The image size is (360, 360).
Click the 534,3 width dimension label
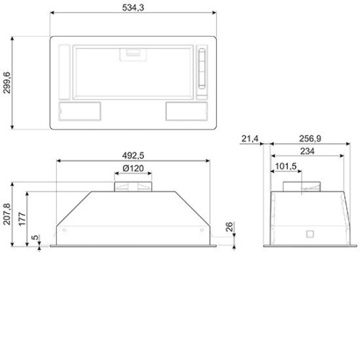tap(133, 8)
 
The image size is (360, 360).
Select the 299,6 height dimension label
tap(6, 83)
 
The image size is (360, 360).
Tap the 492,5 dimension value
tap(133, 156)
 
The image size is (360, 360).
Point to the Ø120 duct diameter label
tap(133, 168)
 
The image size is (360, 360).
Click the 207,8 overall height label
tap(6, 214)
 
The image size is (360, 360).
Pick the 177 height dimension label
tap(22, 219)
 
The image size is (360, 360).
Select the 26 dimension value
tap(229, 227)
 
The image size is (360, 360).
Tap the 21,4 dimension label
tap(250, 138)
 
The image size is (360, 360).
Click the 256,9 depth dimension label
tap(310, 138)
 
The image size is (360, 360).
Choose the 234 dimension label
tap(307, 151)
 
